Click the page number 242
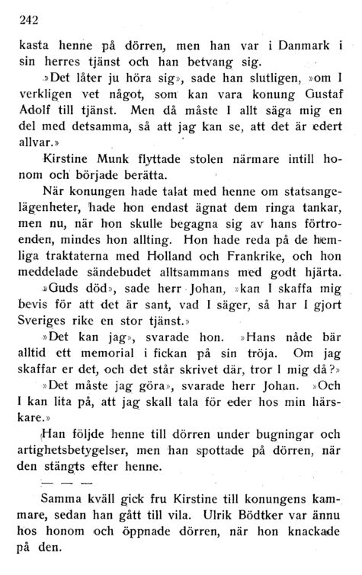(27, 20)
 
